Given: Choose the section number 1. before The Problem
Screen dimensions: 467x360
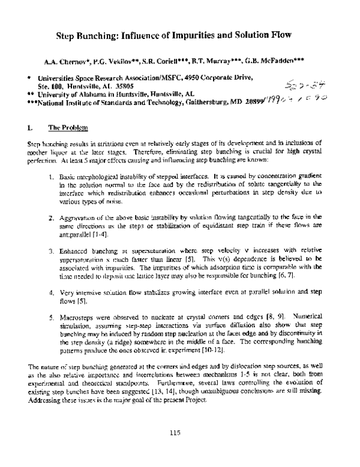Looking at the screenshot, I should (30, 128).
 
